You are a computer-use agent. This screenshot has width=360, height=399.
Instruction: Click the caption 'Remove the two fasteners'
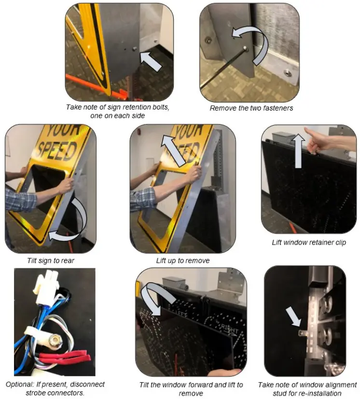pyautogui.click(x=251, y=108)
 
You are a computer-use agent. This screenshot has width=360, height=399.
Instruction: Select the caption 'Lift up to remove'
pyautogui.click(x=182, y=261)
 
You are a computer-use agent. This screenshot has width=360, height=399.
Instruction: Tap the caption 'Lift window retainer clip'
pyautogui.click(x=309, y=242)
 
